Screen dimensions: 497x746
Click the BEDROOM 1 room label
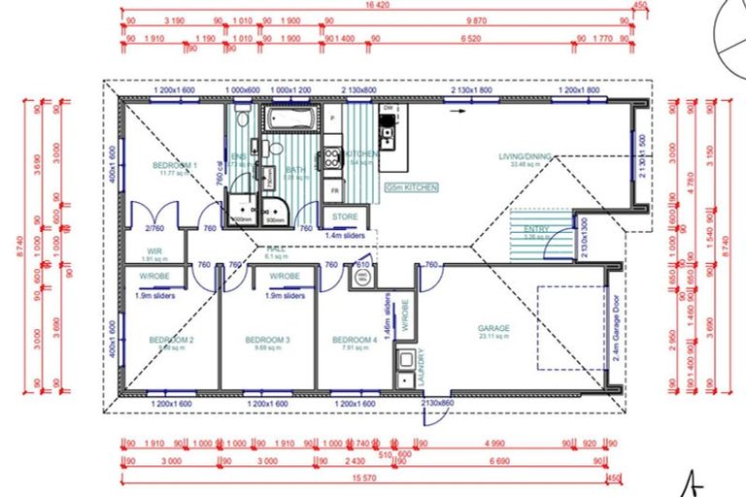tap(176, 166)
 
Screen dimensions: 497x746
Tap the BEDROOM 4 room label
tap(355, 340)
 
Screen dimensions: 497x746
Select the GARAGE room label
tap(493, 329)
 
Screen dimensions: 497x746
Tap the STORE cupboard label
tap(345, 216)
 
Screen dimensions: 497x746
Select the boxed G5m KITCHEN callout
tap(411, 185)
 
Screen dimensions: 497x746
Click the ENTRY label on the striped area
tap(536, 229)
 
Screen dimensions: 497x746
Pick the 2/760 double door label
tap(153, 229)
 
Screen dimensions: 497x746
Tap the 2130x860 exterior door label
tap(437, 402)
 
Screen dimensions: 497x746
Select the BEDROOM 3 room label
tap(267, 340)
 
